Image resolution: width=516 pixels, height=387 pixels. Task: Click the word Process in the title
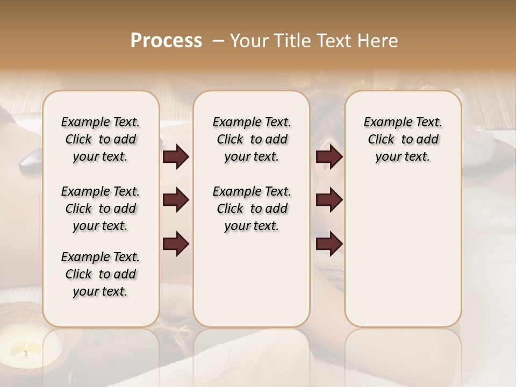[x=166, y=41]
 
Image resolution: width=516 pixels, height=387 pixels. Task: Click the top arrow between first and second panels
[x=176, y=157]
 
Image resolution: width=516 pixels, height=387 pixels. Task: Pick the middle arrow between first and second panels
[x=176, y=200]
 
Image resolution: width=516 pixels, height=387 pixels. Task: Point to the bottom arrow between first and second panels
[x=176, y=243]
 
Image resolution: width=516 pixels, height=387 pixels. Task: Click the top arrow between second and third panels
[x=329, y=157]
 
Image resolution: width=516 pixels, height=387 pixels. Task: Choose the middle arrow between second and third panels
[x=329, y=200]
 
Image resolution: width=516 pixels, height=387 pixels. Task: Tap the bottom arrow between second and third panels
[x=329, y=243]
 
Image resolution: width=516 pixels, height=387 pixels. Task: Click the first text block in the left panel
[x=101, y=139]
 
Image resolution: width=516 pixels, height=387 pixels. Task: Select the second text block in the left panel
[x=101, y=209]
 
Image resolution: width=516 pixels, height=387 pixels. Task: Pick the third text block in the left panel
[x=101, y=274]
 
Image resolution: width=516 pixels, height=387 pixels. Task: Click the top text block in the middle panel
[x=252, y=139]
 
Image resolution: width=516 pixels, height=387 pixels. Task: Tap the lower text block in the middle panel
[x=252, y=209]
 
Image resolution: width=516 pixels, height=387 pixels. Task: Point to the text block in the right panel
[x=403, y=139]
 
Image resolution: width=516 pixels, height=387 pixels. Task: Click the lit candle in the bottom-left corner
[x=22, y=352]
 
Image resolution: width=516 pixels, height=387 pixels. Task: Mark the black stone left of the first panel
[x=31, y=160]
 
